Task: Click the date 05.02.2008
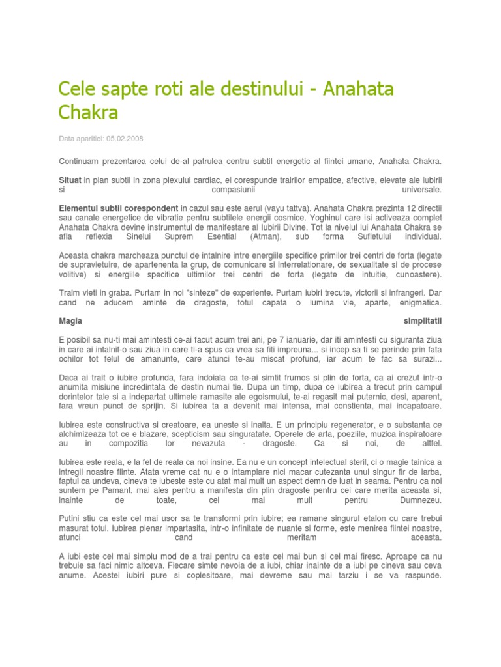click(125, 139)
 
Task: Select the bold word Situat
click(70, 178)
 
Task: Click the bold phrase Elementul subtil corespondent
click(118, 206)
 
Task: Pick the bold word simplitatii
click(422, 321)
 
